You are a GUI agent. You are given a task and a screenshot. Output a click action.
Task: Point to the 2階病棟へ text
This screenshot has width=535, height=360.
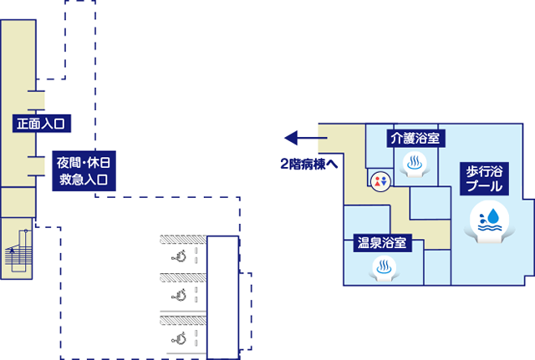click(308, 164)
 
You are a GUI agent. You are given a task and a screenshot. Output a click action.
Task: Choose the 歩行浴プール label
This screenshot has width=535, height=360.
click(485, 177)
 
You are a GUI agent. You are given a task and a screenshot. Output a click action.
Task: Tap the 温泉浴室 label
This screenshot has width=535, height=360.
click(382, 243)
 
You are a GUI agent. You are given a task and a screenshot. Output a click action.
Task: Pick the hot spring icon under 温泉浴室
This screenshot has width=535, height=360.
click(382, 268)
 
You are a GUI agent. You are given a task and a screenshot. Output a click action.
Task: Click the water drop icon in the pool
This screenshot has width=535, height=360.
click(490, 220)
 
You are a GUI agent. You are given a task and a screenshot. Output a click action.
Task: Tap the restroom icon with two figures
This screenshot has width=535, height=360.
click(380, 179)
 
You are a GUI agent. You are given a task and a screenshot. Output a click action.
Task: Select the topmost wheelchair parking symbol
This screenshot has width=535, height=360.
click(178, 256)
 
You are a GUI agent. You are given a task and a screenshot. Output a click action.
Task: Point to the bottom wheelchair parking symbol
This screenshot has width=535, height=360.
click(178, 337)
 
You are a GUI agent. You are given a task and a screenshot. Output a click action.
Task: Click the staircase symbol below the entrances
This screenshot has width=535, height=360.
click(17, 248)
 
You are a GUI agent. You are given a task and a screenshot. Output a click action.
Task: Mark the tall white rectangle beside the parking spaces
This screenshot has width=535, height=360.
click(222, 297)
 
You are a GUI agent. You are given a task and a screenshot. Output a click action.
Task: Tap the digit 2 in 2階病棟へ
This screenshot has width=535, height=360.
click(284, 164)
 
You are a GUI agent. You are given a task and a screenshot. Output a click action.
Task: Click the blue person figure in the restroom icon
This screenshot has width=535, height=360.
click(377, 180)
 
